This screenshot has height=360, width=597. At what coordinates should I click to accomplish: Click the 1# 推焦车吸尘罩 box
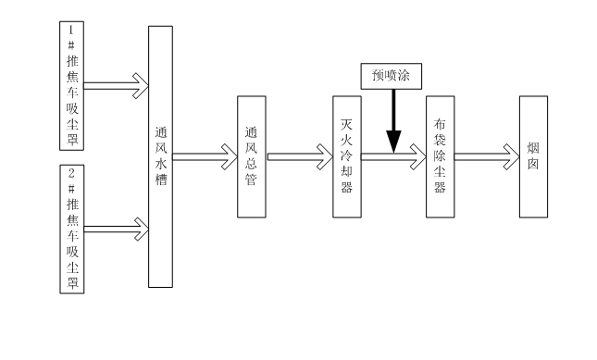[71, 86]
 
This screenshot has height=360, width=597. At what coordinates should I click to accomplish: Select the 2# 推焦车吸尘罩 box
[71, 230]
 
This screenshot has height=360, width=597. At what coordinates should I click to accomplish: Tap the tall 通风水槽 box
[160, 156]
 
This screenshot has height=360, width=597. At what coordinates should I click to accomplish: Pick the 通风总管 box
[251, 156]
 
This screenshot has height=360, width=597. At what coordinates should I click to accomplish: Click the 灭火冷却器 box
[347, 156]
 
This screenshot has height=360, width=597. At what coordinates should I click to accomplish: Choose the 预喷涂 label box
[391, 76]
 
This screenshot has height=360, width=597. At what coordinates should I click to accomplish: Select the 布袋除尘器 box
[440, 156]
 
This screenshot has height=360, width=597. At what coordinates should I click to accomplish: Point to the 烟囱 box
[533, 156]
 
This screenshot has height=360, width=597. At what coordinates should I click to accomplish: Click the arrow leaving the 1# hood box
[116, 86]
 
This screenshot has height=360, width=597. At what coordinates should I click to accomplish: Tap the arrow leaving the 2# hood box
[116, 229]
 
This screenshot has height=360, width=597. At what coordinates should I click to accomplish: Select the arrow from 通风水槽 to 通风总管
[205, 156]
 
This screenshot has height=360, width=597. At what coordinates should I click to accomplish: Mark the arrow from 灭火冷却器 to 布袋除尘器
[393, 156]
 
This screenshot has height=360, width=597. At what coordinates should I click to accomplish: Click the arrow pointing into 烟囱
[486, 156]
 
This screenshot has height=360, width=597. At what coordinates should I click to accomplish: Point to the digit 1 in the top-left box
[71, 30]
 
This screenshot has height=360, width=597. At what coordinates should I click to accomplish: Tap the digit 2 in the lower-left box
[71, 173]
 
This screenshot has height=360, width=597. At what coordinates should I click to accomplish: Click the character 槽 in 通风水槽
[160, 180]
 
